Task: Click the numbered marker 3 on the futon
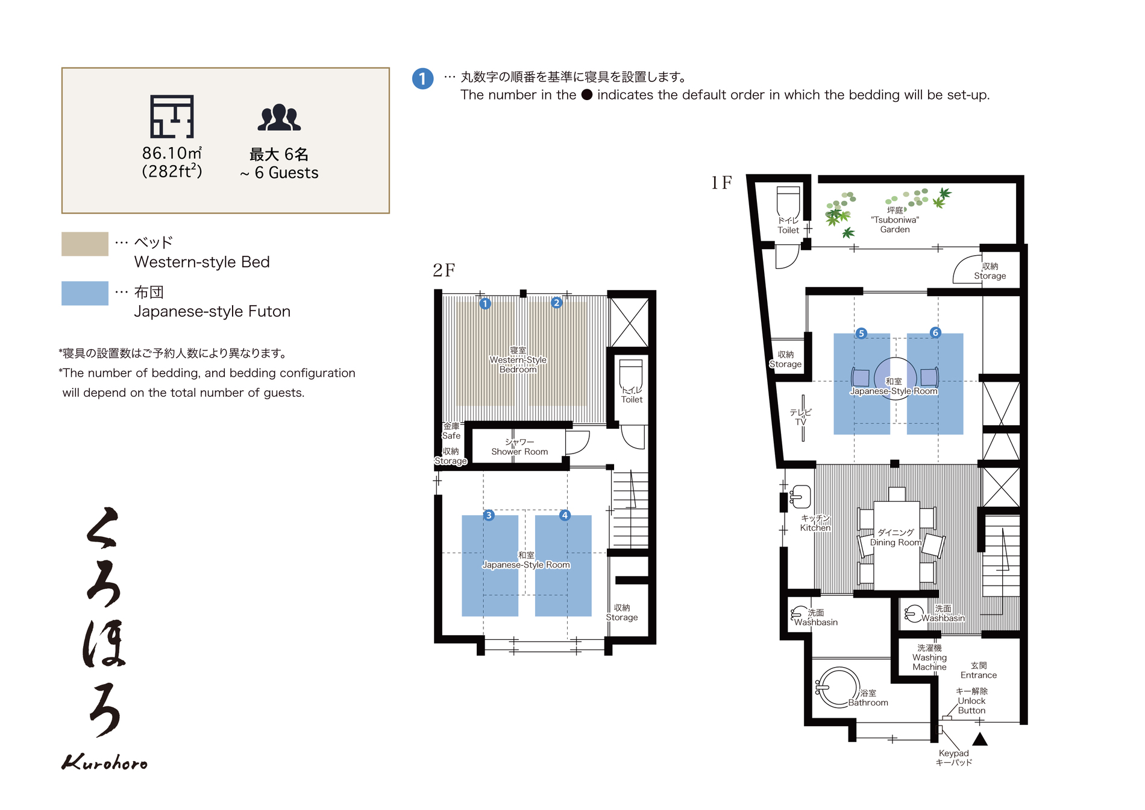pos(489,515)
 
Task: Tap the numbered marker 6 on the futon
pos(935,332)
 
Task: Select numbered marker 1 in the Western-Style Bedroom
pos(485,303)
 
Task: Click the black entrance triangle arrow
pos(980,739)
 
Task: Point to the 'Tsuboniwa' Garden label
pos(895,220)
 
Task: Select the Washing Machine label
pos(929,657)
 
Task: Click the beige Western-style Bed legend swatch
pos(85,244)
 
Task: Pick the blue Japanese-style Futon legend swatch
pos(85,293)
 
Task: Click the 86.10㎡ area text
pos(172,153)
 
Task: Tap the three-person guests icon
pos(279,118)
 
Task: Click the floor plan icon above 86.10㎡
pos(172,116)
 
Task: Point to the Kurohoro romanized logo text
pos(104,762)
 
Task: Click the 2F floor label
pos(444,270)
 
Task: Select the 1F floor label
pos(721,182)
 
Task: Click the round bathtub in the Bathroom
pos(838,687)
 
